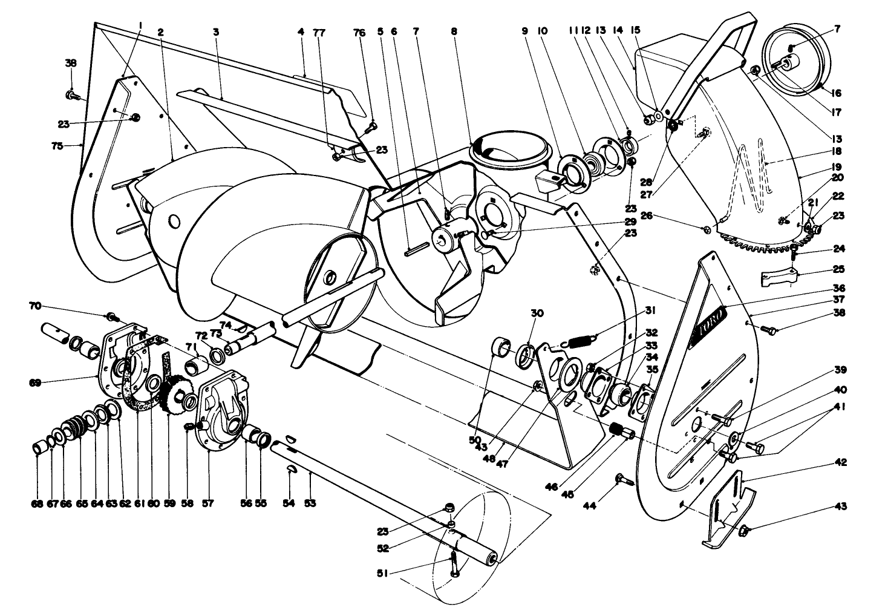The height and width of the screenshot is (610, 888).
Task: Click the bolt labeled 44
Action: point(624,480)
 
